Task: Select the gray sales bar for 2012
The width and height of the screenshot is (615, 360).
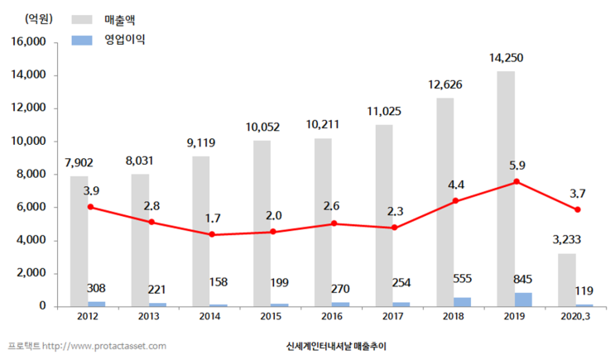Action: [x=79, y=241]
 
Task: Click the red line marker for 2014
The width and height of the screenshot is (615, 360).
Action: [x=214, y=234]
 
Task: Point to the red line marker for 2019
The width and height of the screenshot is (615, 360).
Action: [x=517, y=181]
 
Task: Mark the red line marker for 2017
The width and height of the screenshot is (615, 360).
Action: [x=394, y=228]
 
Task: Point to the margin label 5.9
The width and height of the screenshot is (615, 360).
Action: [x=517, y=164]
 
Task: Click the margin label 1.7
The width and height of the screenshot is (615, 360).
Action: [x=214, y=218]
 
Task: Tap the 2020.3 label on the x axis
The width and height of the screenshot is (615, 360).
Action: [x=577, y=317]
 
